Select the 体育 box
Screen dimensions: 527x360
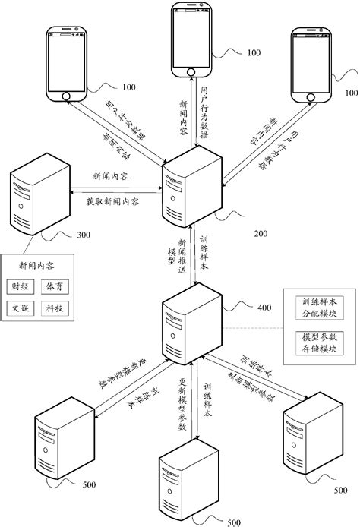point(67,286)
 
